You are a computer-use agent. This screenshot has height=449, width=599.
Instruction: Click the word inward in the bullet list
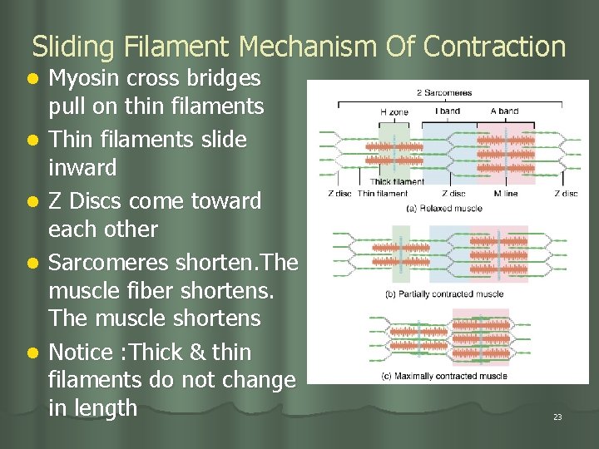pos(82,167)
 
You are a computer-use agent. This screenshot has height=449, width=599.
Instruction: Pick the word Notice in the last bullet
pos(81,353)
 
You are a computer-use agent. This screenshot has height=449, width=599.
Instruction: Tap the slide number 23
pos(557,417)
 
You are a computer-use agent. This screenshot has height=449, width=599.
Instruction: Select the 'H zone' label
pos(394,111)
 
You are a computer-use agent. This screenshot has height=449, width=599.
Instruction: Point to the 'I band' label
pos(448,111)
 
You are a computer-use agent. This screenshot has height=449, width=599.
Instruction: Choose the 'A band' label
pos(504,111)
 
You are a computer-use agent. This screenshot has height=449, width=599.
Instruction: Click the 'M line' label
pos(504,194)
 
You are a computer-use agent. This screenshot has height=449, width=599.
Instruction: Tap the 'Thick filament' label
pos(397,182)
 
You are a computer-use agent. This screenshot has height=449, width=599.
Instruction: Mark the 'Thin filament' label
pos(383,194)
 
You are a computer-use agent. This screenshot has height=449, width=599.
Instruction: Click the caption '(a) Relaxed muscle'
pos(445,209)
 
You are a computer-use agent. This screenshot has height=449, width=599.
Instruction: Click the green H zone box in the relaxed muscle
pos(394,150)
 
